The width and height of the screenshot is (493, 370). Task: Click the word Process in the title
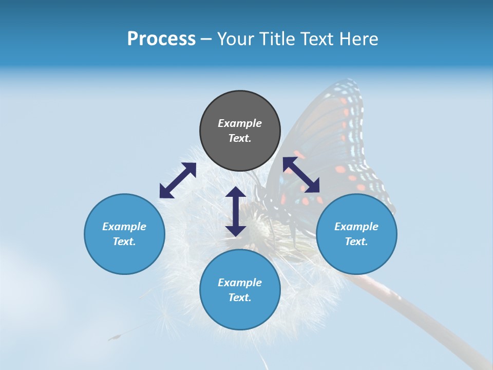coord(161,39)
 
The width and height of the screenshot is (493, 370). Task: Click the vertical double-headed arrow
coord(236,211)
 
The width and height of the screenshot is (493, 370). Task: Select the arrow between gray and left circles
coord(178,180)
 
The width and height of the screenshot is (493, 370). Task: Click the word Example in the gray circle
coord(240,123)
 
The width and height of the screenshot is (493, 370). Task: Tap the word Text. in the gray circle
coord(240,138)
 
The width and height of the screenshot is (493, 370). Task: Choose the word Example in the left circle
coord(124,227)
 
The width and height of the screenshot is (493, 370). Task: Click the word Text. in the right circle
coord(356,242)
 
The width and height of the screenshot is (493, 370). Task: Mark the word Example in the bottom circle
coord(240,283)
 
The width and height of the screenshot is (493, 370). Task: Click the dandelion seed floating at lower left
coord(116,337)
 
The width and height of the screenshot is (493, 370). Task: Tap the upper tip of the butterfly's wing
coord(349,82)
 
